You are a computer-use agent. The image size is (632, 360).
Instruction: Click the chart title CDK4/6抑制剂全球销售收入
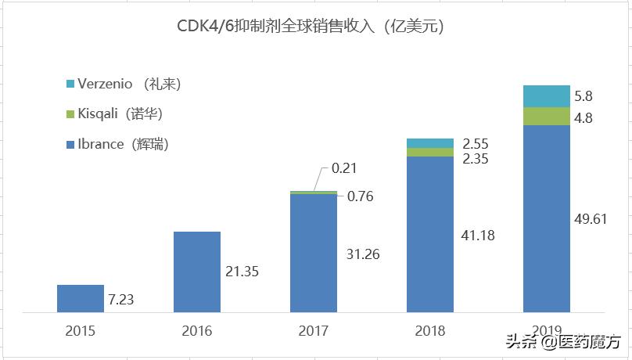click(311, 27)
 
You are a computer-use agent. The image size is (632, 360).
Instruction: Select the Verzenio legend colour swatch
click(70, 84)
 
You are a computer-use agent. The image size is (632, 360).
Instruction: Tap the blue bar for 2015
click(81, 297)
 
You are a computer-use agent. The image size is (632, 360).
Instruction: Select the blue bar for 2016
click(197, 271)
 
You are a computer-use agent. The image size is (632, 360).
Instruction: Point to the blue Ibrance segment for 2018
click(429, 233)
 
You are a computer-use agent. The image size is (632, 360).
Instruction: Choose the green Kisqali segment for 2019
click(546, 117)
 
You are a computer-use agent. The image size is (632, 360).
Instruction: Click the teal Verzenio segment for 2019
click(546, 95)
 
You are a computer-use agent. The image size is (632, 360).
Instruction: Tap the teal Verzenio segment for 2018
click(429, 143)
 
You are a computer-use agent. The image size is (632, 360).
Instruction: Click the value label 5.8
click(584, 97)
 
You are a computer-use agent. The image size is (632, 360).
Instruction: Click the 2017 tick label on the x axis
click(313, 331)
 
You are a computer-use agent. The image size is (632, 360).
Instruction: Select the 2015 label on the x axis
click(81, 331)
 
